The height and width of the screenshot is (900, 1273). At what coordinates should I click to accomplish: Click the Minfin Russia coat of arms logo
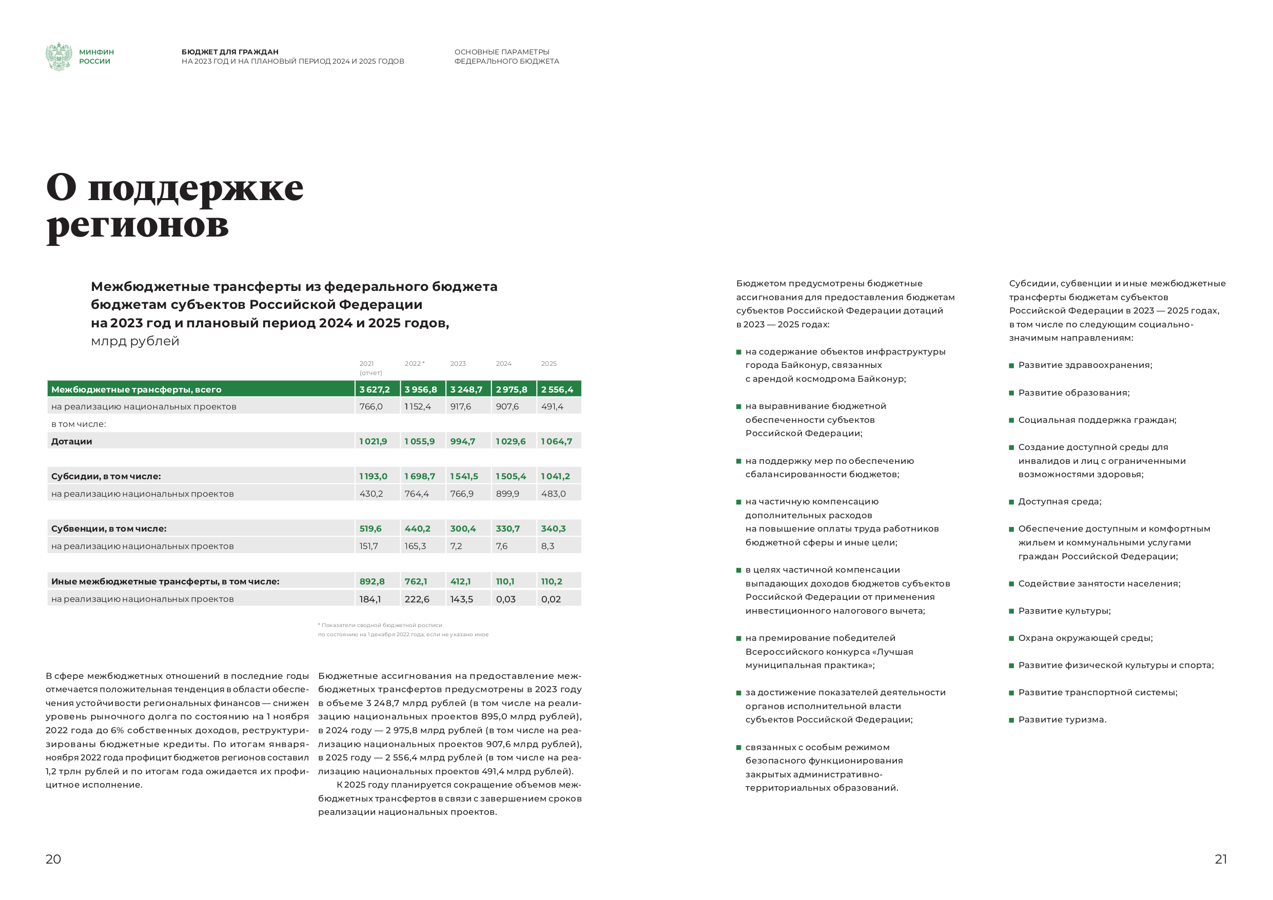click(x=59, y=56)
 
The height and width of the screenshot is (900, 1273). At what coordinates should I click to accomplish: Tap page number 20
click(x=53, y=859)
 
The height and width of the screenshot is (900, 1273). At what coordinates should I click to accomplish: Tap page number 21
click(x=1220, y=859)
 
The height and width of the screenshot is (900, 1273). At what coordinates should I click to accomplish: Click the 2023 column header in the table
click(x=458, y=364)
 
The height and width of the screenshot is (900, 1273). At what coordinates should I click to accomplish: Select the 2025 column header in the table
click(x=549, y=364)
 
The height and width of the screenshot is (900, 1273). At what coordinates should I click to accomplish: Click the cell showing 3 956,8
click(x=421, y=389)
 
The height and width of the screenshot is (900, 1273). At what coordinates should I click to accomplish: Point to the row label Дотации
click(x=71, y=441)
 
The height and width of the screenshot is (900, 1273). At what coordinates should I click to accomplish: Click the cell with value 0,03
click(x=505, y=599)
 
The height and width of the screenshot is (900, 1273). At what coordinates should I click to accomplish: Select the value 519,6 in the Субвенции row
click(x=370, y=529)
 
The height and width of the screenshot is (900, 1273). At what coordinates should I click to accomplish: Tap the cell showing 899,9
click(x=507, y=494)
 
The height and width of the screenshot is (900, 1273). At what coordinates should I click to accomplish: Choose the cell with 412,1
click(x=460, y=581)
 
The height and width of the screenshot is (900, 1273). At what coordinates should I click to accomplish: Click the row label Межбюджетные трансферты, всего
click(x=136, y=389)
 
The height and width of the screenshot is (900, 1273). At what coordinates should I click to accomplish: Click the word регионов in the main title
click(x=138, y=225)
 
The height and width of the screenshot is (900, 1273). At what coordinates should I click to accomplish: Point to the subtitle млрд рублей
click(x=135, y=341)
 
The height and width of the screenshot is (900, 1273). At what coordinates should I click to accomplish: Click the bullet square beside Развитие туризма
click(x=1011, y=720)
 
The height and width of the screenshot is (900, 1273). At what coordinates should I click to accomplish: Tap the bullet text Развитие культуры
click(x=1064, y=611)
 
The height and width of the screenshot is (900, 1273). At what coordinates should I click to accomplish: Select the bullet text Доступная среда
click(x=1060, y=501)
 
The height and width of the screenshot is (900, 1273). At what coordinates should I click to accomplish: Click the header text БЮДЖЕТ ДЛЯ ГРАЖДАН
click(x=230, y=52)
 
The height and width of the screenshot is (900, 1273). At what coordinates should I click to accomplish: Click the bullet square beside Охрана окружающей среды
click(x=1011, y=638)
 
